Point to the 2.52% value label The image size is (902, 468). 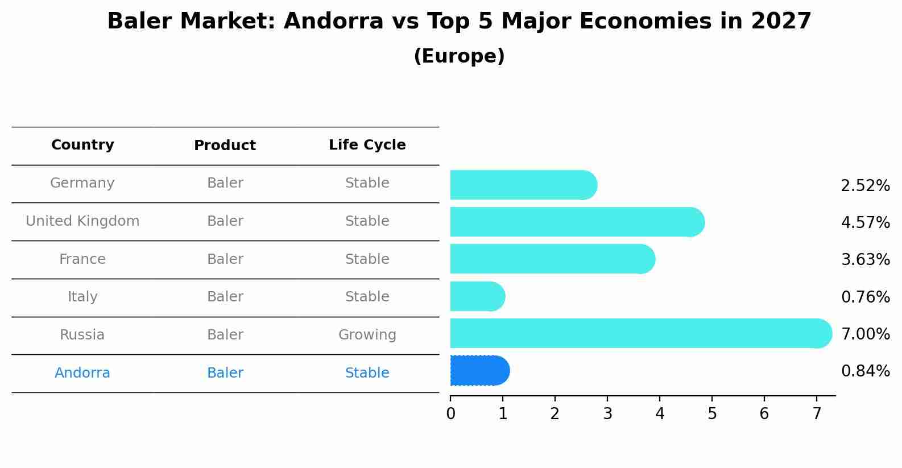click(x=865, y=186)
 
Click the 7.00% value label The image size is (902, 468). click(x=865, y=334)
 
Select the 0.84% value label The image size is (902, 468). click(x=865, y=371)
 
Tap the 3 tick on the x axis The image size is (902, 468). click(x=607, y=413)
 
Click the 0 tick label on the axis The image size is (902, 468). click(x=450, y=413)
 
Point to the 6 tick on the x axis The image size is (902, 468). click(x=764, y=413)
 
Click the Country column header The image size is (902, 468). click(x=82, y=145)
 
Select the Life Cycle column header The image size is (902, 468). click(x=367, y=145)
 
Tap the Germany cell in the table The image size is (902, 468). click(x=82, y=183)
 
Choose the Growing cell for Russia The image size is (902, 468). click(x=367, y=335)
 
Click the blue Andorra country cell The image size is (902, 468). click(x=82, y=373)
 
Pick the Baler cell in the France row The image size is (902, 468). click(x=225, y=259)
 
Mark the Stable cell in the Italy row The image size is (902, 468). click(x=367, y=297)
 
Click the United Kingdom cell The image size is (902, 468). click(x=82, y=221)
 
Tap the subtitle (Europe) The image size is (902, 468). click(x=459, y=56)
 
